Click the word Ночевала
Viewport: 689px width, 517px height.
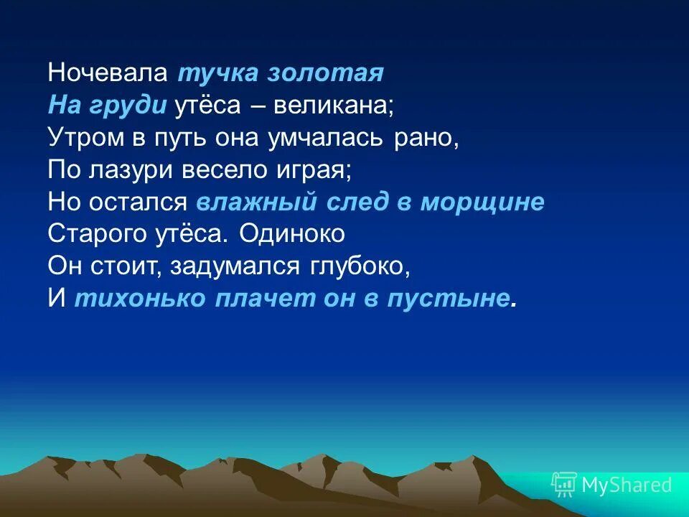tap(108, 73)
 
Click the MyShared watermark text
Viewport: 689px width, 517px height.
tap(626, 485)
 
